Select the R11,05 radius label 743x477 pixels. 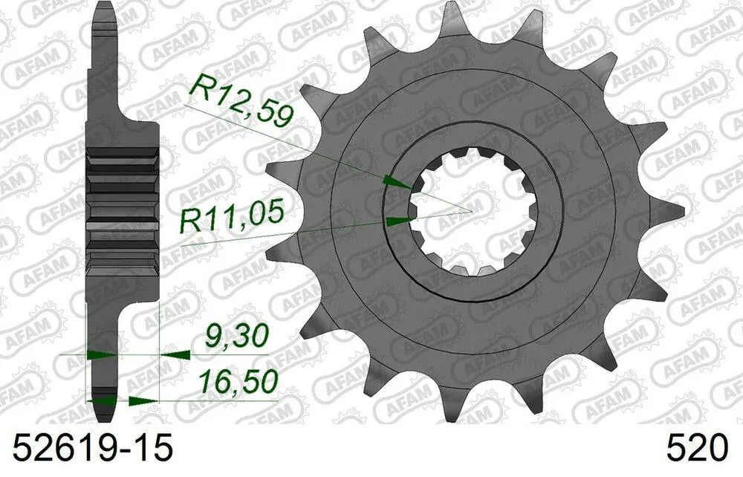click(x=233, y=218)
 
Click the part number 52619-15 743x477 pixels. click(x=89, y=447)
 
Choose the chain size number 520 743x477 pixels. click(x=698, y=448)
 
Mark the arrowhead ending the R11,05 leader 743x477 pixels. click(x=399, y=220)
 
